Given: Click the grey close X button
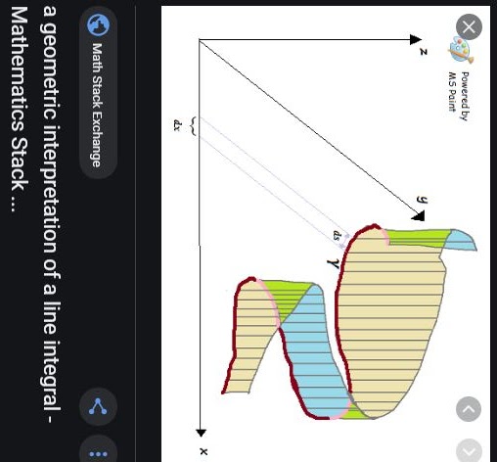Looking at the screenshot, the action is (469, 27).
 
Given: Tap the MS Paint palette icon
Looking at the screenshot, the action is (461, 51).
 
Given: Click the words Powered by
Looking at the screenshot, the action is (465, 97).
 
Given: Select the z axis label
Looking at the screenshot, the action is (424, 52).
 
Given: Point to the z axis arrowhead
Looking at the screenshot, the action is (416, 40).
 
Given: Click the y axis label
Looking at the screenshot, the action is (423, 200).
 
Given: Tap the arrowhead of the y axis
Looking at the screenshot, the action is (419, 215).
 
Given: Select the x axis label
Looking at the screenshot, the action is (203, 451).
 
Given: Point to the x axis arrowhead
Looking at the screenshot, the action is (201, 433).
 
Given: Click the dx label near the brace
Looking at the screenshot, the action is (177, 125).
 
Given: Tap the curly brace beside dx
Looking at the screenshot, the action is (194, 126).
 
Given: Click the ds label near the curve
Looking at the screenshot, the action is (337, 235).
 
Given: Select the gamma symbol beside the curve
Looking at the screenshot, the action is (333, 263).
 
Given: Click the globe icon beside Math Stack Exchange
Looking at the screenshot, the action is (99, 25).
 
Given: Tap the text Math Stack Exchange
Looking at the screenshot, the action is (97, 106).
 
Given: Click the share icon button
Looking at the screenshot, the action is (98, 406).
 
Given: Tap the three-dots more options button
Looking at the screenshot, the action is (98, 453).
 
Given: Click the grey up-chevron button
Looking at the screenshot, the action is (469, 409).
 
